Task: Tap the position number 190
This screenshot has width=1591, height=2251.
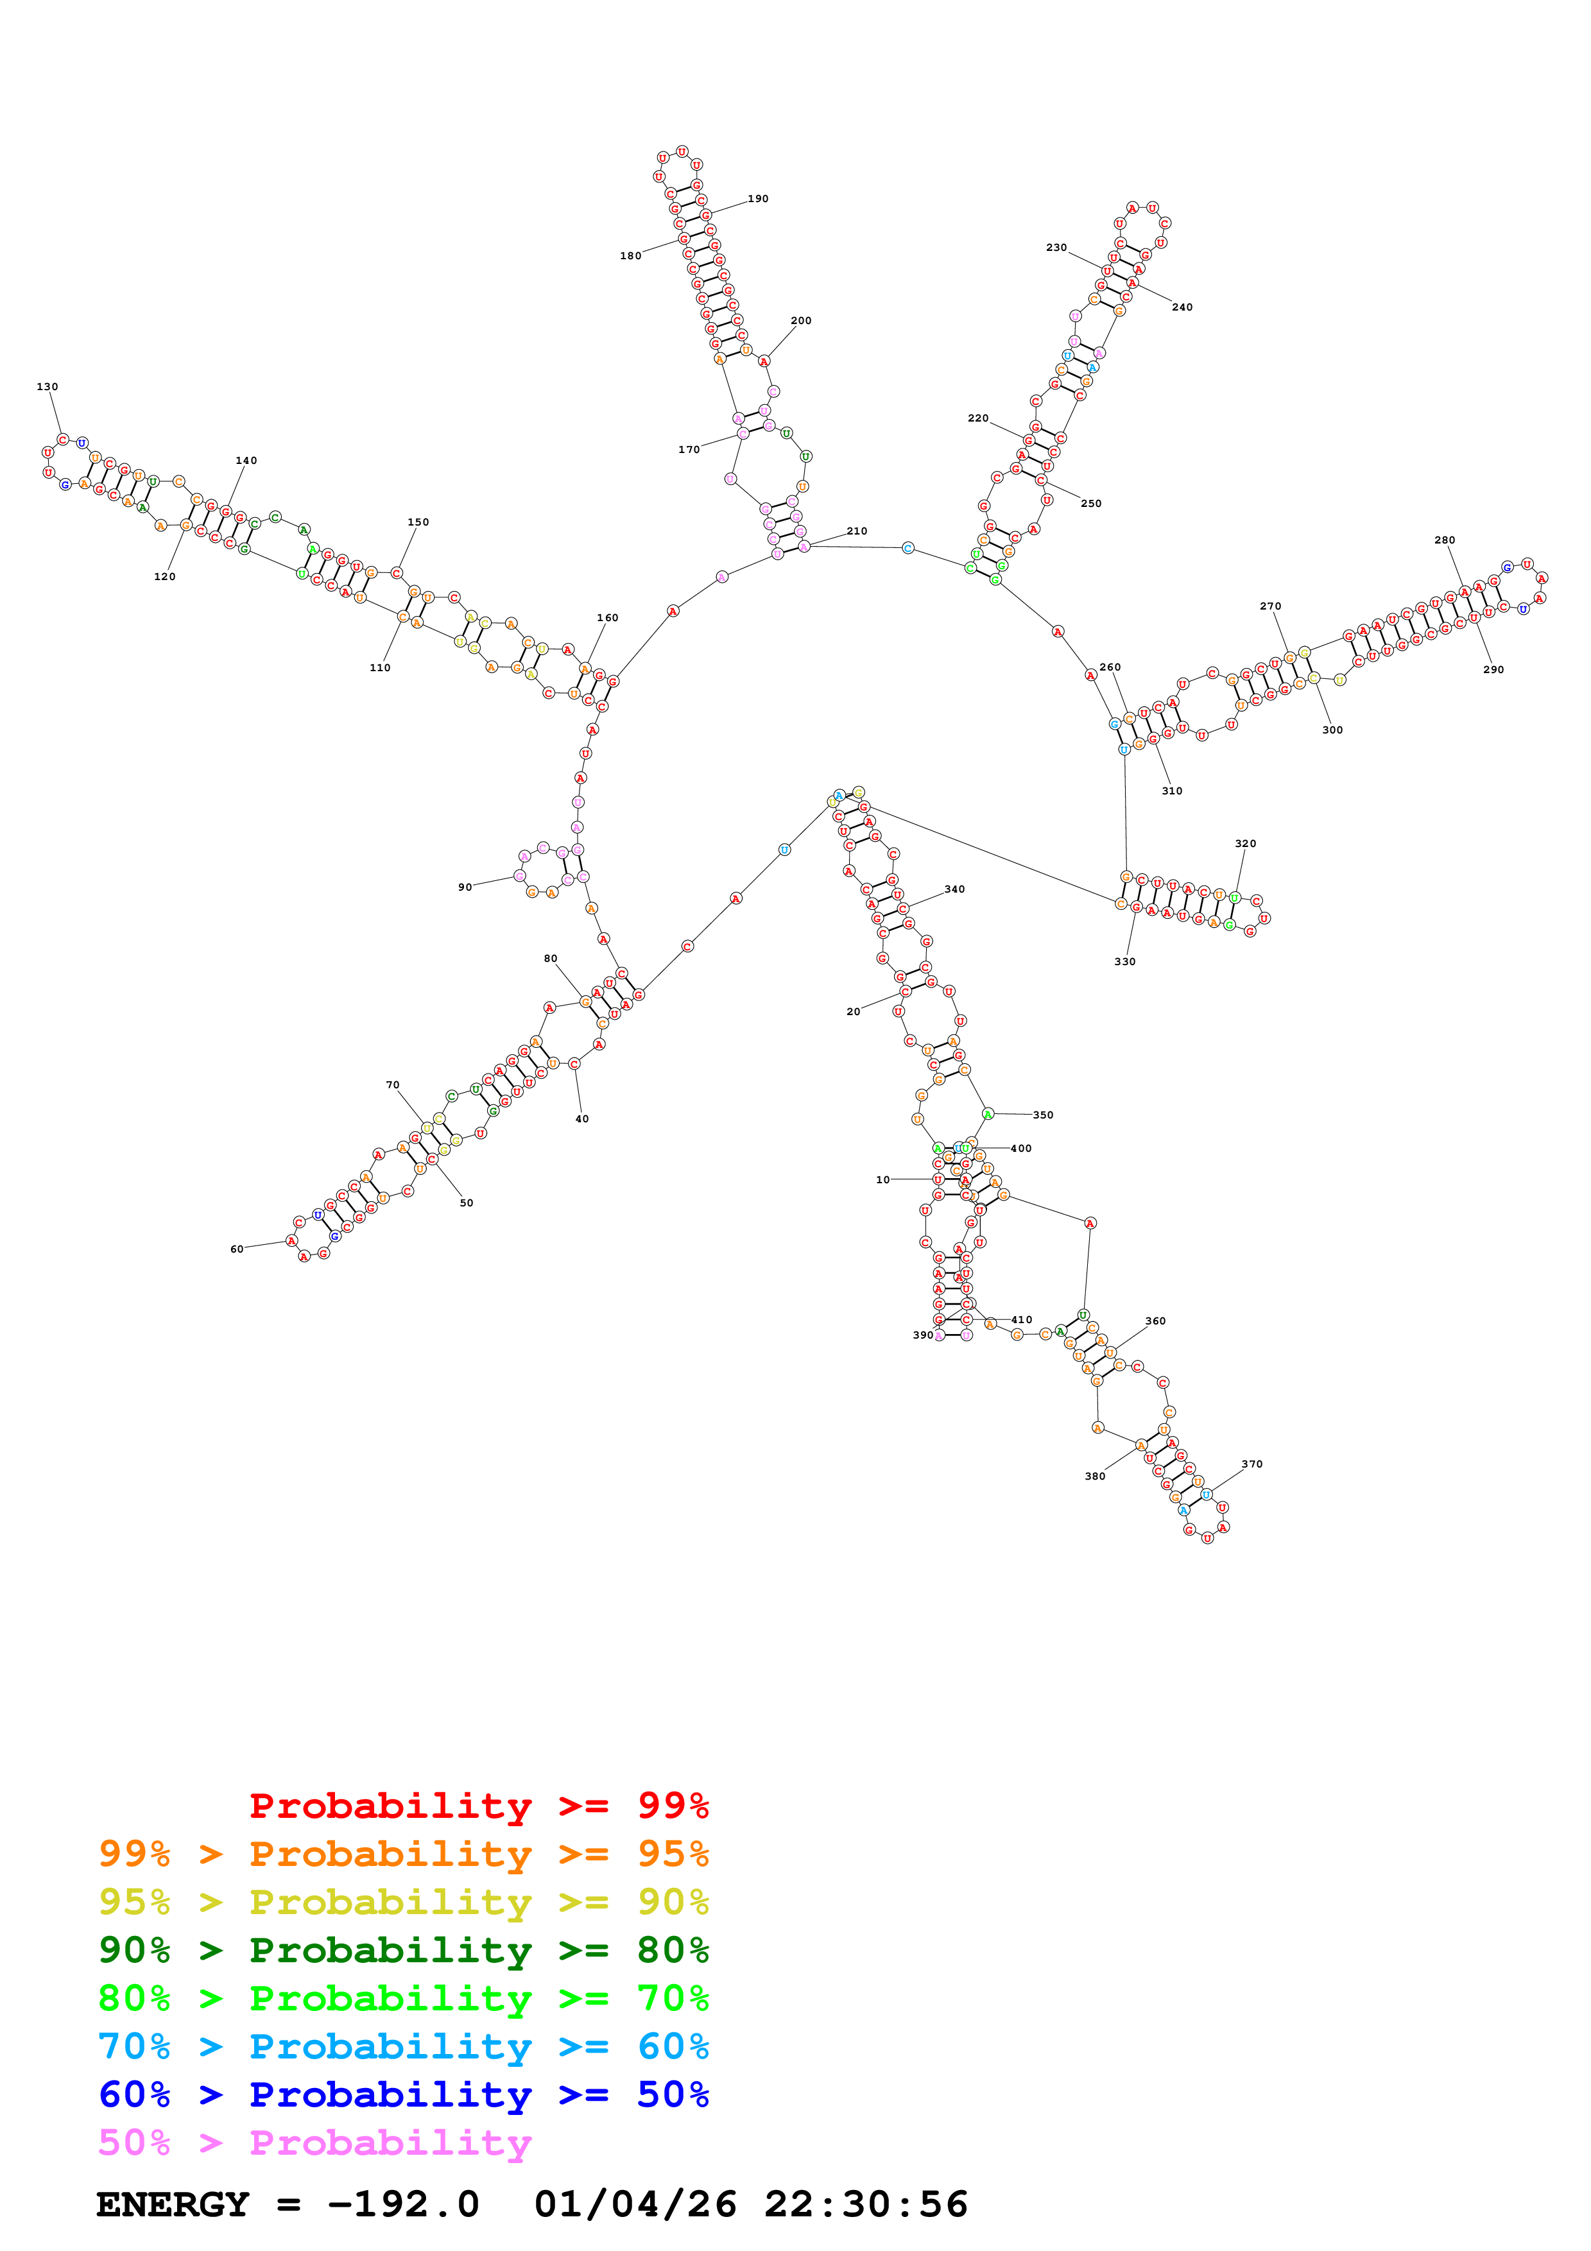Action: pos(758,199)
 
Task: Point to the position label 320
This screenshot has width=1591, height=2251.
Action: pos(1245,843)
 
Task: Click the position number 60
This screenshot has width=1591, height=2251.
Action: pos(236,1249)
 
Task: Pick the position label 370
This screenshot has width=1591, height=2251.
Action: pos(1252,1464)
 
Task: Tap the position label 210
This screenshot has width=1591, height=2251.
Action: pos(857,531)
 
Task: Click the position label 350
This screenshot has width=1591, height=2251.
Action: pos(1043,1115)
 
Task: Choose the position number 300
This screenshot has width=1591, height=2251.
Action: pos(1332,730)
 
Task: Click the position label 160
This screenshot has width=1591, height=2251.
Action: pos(608,619)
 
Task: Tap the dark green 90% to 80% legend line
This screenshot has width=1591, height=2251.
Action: pos(403,1950)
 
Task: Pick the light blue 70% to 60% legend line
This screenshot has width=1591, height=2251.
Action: pos(403,2046)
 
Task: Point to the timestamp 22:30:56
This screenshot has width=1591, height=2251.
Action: pos(866,2205)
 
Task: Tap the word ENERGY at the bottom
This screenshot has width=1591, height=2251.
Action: pos(173,2205)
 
